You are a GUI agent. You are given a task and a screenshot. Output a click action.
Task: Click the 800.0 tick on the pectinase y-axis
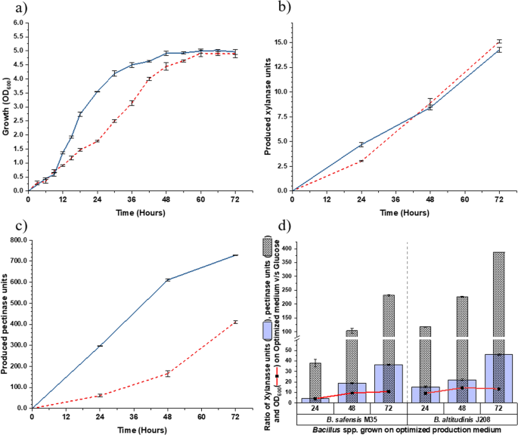15,240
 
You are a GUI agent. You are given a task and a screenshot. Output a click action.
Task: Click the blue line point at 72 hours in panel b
499,49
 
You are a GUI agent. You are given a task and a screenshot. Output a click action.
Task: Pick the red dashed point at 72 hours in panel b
499,42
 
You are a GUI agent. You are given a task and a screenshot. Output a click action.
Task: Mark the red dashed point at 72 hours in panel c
235,322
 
